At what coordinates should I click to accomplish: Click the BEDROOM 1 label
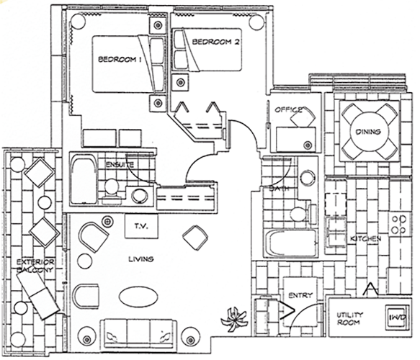coord(120,59)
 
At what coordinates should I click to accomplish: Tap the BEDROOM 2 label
coord(215,42)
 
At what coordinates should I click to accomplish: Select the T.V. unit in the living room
coord(141,226)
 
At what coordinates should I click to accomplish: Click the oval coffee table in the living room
coord(138,297)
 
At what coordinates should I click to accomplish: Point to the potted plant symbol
coord(233,319)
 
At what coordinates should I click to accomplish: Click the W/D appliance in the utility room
coord(397,318)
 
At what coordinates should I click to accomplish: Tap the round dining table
coord(368,131)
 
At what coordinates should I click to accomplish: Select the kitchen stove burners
coord(399,225)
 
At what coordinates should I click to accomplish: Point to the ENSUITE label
coord(120,164)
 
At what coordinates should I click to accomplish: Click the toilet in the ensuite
coord(112,189)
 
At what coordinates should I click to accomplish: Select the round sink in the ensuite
coord(140,196)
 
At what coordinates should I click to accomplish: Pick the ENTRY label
coord(300,295)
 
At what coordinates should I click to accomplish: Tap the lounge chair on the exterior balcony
coord(37,296)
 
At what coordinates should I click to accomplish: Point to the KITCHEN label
coord(366,238)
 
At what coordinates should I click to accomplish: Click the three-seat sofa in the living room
coord(138,333)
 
